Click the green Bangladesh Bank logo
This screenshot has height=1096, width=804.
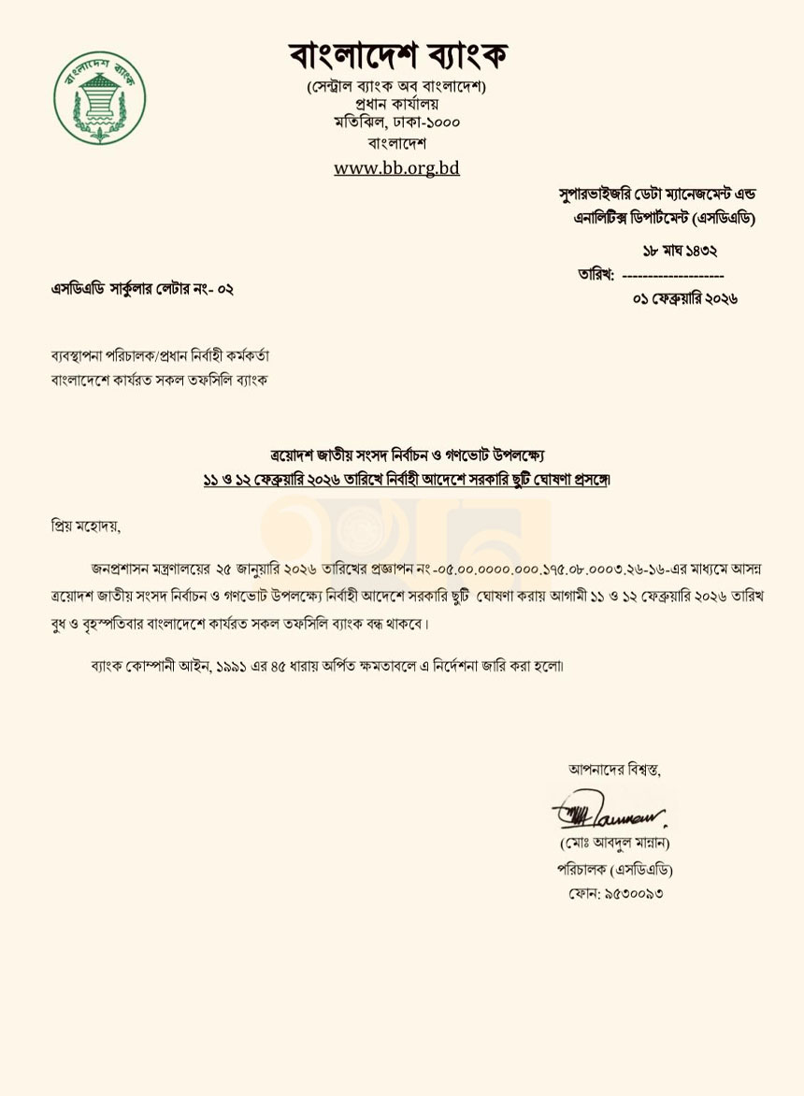[x=99, y=97]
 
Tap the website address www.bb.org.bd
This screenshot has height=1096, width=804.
[x=396, y=168]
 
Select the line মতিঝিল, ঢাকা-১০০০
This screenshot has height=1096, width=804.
[x=397, y=122]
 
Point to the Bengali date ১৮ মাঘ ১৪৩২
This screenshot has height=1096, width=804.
[x=680, y=251]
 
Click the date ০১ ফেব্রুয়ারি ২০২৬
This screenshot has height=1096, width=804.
[x=685, y=299]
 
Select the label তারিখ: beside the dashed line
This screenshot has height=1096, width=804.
[x=596, y=276]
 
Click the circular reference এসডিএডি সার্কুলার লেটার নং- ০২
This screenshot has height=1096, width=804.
[x=142, y=289]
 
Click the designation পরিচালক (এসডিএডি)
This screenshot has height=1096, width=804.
[x=614, y=869]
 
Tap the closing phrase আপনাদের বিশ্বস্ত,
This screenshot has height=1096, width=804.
[x=614, y=770]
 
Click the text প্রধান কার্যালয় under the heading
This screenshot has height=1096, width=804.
[x=397, y=104]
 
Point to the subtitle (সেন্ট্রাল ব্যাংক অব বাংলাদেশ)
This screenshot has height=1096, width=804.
[x=397, y=86]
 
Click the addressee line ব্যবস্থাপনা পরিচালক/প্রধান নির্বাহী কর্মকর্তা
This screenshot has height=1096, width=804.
[x=160, y=357]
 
